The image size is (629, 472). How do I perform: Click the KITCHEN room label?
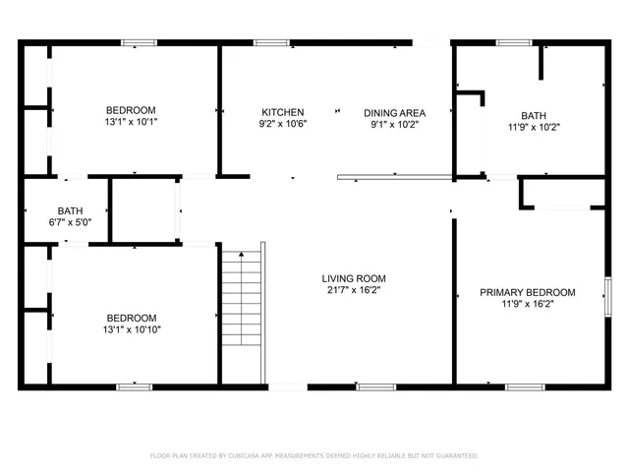pos(282,112)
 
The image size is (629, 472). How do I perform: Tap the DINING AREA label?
pos(394,112)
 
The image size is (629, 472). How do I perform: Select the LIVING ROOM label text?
pos(355,278)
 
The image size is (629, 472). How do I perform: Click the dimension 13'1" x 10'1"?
pos(132,123)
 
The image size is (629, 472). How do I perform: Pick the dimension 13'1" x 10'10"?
pos(132,330)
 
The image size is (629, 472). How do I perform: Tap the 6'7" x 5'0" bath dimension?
pos(70,223)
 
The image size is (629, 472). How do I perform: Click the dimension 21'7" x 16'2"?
pos(355,291)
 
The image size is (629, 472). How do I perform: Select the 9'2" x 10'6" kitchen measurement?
pos(282,125)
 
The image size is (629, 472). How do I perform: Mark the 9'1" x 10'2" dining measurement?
pos(394,125)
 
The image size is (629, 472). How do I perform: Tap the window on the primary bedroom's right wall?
pos(607,294)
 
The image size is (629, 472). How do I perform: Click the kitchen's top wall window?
pos(270,42)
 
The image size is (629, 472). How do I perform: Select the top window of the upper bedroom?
pos(139,42)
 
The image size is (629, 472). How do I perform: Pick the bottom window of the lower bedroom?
pos(134,384)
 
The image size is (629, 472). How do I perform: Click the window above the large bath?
pos(513,42)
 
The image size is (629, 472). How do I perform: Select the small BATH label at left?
pos(70,210)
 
